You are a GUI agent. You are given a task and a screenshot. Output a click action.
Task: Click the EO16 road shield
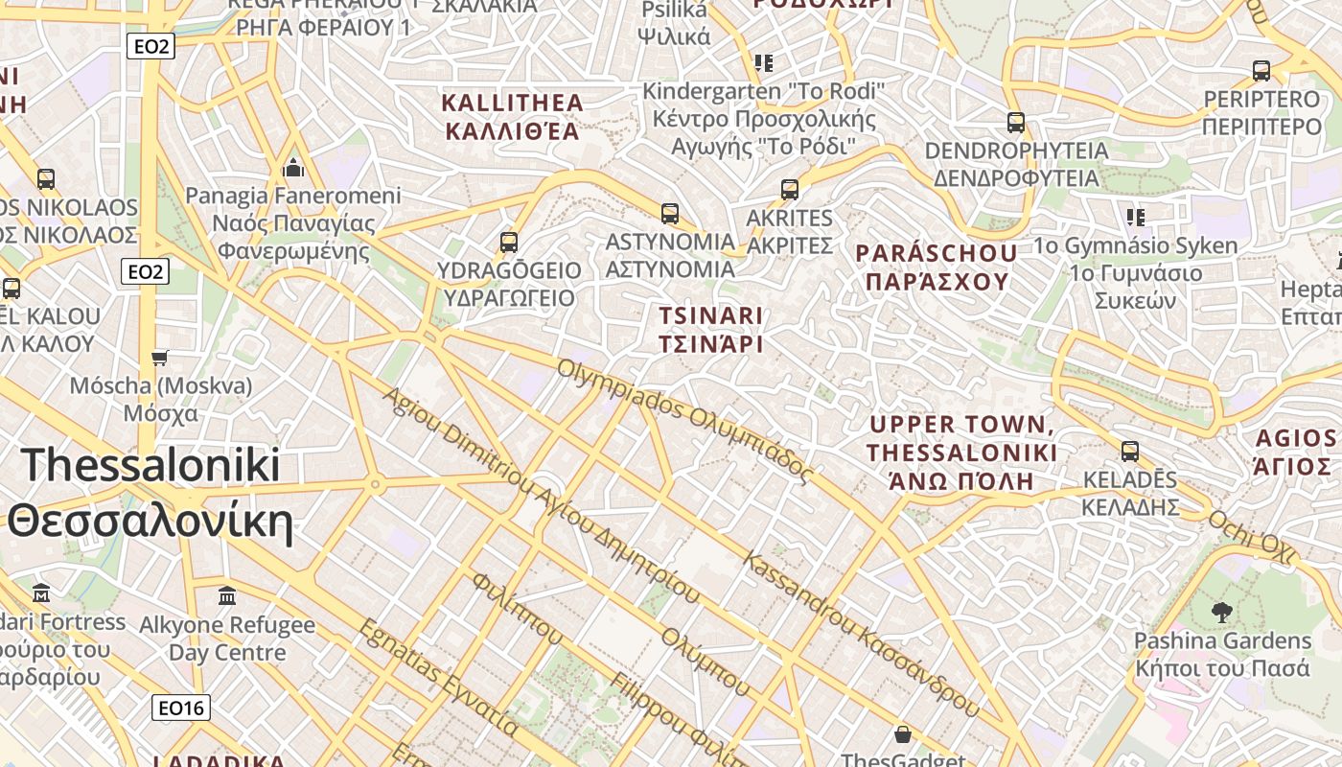181,708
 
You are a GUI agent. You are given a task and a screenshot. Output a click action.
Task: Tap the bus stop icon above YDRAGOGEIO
509,243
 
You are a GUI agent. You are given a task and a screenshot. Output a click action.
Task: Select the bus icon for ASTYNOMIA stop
670,213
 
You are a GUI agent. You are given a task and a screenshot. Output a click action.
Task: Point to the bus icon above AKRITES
790,189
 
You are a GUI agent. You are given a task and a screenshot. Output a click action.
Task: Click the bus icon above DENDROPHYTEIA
1016,123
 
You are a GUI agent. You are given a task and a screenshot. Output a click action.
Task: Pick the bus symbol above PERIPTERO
1261,70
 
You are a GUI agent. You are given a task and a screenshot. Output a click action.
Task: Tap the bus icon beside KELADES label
1130,451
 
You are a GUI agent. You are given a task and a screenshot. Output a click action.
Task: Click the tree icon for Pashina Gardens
1221,612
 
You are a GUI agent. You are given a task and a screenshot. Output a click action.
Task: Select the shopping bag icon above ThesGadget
902,735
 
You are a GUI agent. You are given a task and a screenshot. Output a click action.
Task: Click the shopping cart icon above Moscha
160,358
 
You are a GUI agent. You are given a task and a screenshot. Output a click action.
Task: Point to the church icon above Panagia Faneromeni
293,168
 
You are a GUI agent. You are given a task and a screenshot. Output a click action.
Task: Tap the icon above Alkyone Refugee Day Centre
227,596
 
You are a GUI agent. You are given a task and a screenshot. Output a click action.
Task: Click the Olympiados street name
685,420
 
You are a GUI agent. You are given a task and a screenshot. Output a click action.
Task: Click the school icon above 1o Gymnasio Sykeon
1136,217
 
